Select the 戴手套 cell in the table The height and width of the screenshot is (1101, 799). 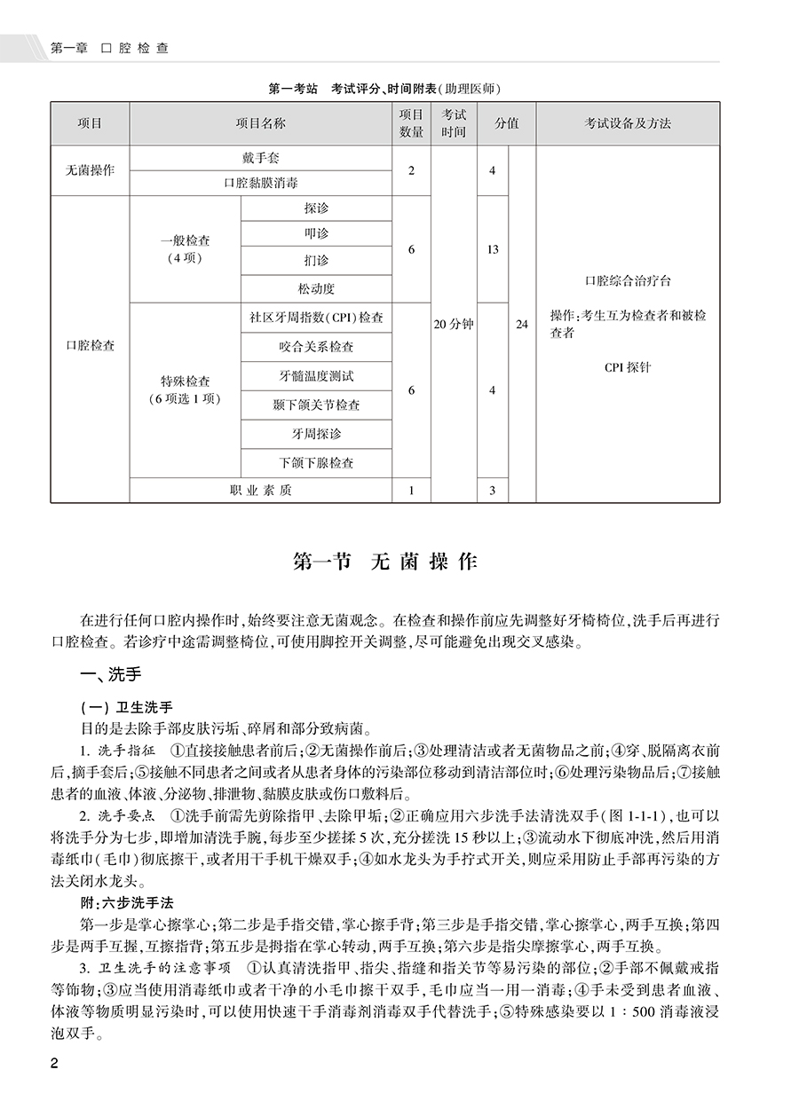click(x=260, y=158)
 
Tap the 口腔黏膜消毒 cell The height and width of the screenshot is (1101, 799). click(x=260, y=185)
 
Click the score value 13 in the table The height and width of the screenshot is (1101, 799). click(x=493, y=250)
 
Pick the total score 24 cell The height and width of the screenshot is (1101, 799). click(x=522, y=325)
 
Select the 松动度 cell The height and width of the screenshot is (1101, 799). click(x=316, y=288)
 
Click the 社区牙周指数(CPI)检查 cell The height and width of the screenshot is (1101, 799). click(x=316, y=317)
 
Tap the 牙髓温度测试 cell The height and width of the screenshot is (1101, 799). click(x=316, y=375)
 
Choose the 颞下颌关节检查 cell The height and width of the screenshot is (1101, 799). click(x=316, y=405)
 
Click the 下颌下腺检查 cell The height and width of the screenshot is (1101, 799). click(x=316, y=463)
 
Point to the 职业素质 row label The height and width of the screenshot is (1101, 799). click(x=260, y=490)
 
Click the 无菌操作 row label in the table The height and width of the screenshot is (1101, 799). click(x=90, y=170)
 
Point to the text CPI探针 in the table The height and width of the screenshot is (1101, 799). click(x=628, y=366)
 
